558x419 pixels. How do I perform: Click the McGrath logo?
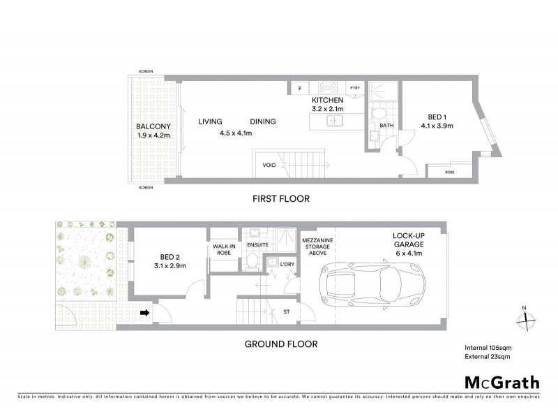click(x=502, y=382)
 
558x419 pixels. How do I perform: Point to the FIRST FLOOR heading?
click(x=281, y=199)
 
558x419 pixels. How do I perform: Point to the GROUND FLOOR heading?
click(x=281, y=344)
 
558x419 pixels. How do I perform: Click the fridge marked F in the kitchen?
click(x=300, y=88)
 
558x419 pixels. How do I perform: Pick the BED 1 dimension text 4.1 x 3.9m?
click(x=437, y=126)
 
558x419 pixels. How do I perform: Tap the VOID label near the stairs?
click(x=269, y=166)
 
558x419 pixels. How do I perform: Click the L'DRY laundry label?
click(x=287, y=263)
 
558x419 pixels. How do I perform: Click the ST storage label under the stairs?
click(x=286, y=312)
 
